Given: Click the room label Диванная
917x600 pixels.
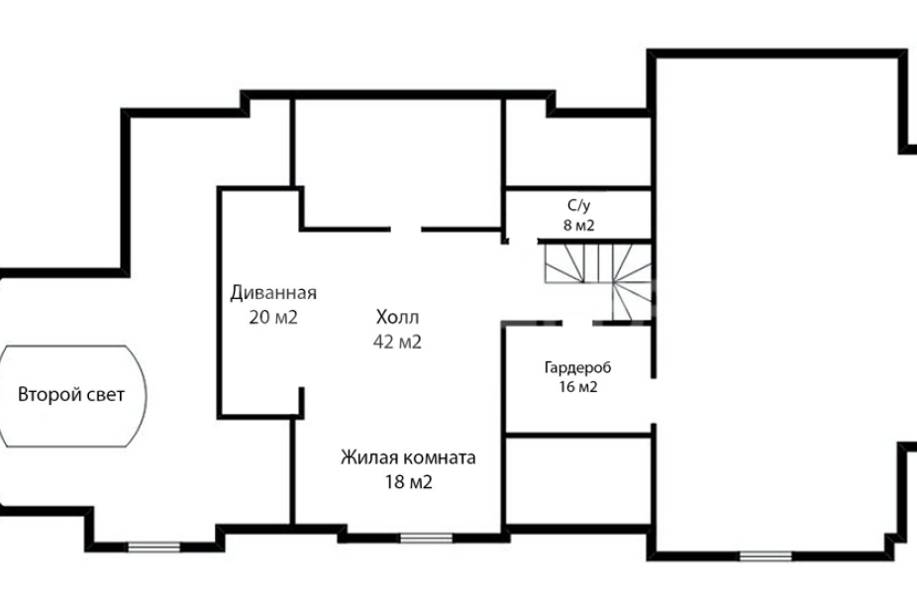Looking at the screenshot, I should [273, 292].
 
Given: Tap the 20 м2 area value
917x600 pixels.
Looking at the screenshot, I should [273, 317].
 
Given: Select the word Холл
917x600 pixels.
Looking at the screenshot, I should [397, 317].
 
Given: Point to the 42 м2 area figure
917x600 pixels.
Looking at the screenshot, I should [397, 342].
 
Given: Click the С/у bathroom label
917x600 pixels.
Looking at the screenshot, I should [579, 206].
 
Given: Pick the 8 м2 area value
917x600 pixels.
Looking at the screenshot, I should [579, 225].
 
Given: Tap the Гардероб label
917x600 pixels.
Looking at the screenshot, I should [577, 368].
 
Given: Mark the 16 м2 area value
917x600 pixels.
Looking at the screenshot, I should [577, 387].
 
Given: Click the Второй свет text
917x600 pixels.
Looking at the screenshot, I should [71, 395].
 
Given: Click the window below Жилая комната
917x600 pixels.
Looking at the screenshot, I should [426, 538].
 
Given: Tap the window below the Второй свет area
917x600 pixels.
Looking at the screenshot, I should [153, 546].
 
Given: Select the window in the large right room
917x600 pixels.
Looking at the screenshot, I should [765, 555].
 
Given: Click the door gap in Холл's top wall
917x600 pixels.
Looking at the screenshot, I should [406, 230].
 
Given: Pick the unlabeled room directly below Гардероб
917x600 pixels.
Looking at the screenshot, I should [577, 479].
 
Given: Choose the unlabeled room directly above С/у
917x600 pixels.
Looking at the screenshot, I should [577, 150].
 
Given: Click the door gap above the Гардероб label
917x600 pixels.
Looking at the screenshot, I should [579, 324].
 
